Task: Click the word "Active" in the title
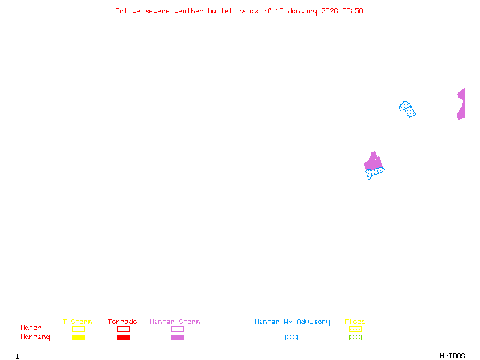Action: (128, 11)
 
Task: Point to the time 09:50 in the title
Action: (353, 11)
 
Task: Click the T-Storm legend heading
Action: (77, 322)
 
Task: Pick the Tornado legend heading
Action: (122, 322)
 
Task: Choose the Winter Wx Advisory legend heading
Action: (292, 322)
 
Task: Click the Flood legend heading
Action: (355, 322)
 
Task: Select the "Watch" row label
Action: (31, 328)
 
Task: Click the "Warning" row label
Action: (35, 337)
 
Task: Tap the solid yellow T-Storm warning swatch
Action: (78, 337)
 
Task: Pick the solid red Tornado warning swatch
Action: (123, 337)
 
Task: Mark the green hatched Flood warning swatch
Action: (355, 337)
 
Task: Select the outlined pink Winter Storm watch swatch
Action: (177, 329)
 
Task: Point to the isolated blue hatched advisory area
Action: (407, 109)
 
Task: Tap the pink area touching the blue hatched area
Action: (373, 161)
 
